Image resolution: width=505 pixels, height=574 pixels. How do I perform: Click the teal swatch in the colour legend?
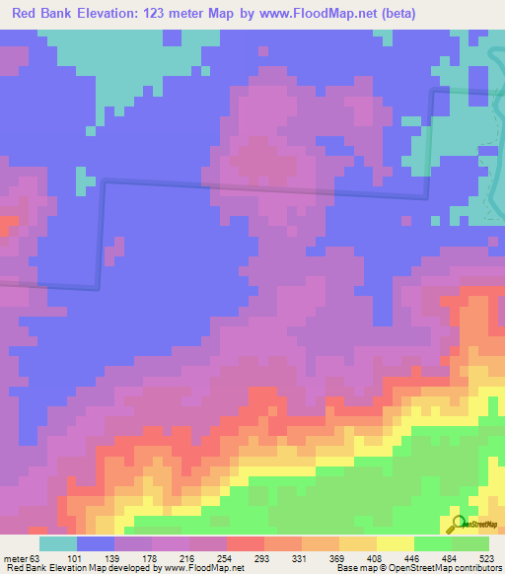coord(57,543)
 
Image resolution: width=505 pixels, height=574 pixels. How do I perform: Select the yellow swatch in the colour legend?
coord(396,543)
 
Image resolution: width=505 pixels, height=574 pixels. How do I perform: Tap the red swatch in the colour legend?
coord(246,543)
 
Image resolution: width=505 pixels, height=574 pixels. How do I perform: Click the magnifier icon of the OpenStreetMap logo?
coord(457,524)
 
